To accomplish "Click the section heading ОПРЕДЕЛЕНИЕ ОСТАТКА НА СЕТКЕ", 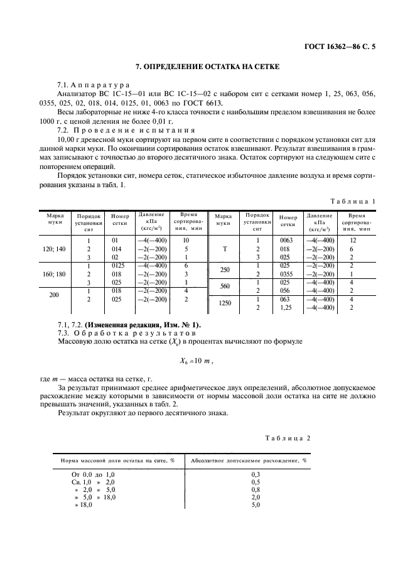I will coord(207,67).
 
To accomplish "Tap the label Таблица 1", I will coord(352,200).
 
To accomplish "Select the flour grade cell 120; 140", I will coord(52,249).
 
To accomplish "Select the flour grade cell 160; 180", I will coord(52,274).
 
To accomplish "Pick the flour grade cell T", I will coord(224,249).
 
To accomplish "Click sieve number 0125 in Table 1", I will coord(117,266).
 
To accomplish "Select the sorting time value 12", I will coord(352,241).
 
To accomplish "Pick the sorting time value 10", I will coord(186,241).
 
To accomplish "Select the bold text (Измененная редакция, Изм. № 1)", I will coord(141,324).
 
